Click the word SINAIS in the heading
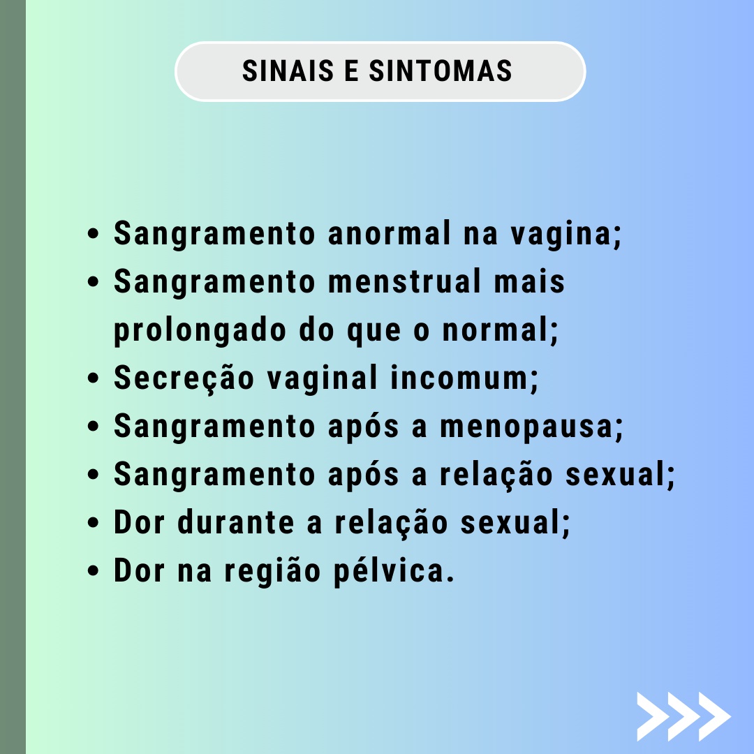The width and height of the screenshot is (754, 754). click(288, 71)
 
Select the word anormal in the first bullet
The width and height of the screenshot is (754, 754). click(390, 234)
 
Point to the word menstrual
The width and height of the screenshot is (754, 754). click(404, 282)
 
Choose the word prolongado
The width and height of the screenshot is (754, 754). click(200, 332)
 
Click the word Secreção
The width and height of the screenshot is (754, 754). click(184, 379)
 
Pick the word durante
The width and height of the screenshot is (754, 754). click(236, 523)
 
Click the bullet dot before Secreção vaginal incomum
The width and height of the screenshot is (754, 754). click(94, 378)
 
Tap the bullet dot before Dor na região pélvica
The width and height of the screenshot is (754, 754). click(94, 571)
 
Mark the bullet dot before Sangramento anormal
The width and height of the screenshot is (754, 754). click(94, 234)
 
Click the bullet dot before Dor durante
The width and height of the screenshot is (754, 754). click(94, 523)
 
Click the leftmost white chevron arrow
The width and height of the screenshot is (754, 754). click(655, 716)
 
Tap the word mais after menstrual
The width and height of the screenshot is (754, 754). click(529, 282)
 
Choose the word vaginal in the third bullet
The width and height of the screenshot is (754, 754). click(322, 380)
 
